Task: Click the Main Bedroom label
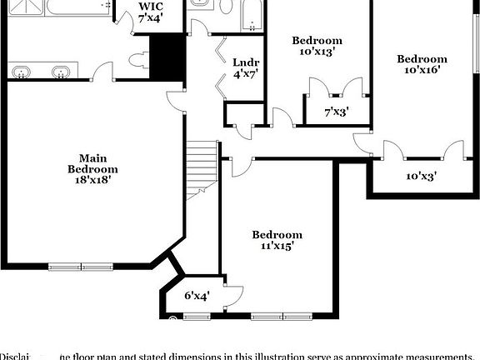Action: pos(92,163)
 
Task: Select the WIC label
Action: pos(151,6)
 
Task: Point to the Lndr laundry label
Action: pos(245,62)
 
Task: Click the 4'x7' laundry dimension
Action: pos(245,74)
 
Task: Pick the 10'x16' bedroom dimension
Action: pos(422,71)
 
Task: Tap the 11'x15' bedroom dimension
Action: pos(277,247)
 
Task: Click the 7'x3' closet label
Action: pos(336,111)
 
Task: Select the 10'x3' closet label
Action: pos(422,176)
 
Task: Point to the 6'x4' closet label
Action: pos(197,295)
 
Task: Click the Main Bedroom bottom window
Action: pos(81,267)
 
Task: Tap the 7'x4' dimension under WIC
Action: pos(151,17)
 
